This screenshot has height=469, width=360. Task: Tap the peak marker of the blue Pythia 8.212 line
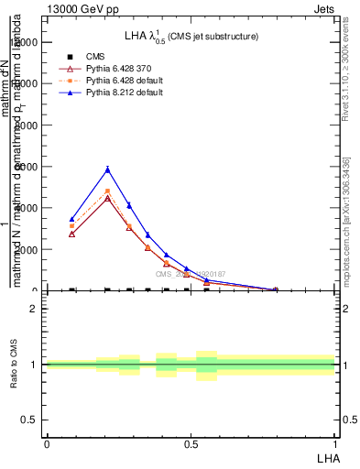coord(107,169)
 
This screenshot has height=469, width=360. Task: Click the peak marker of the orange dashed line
coord(107,191)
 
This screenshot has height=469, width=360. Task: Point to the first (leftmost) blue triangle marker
coord(72,219)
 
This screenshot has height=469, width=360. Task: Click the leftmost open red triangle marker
coord(72,234)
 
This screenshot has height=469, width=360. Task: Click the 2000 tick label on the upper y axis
coord(25,249)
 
